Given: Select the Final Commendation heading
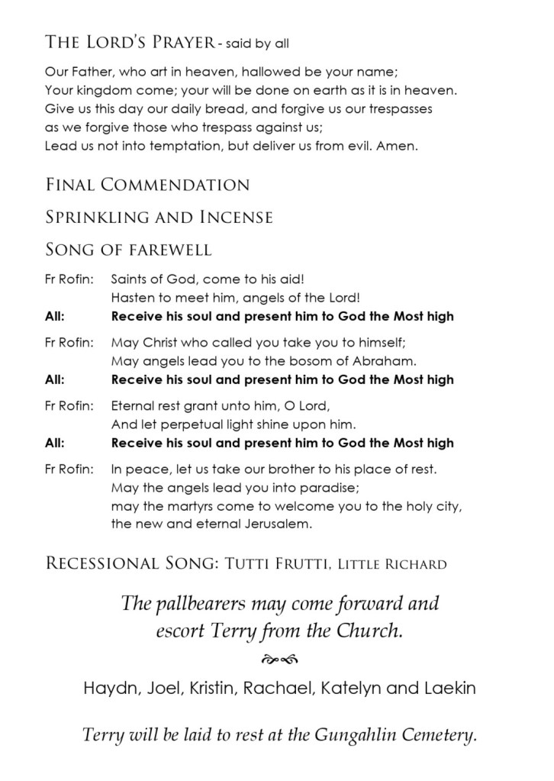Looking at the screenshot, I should tap(147, 185).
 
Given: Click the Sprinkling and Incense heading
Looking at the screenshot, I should tap(159, 218).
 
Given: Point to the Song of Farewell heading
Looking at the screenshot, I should tap(128, 250).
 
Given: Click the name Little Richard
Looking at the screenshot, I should tap(391, 565).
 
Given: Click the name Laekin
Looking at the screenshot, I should tap(451, 688).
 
